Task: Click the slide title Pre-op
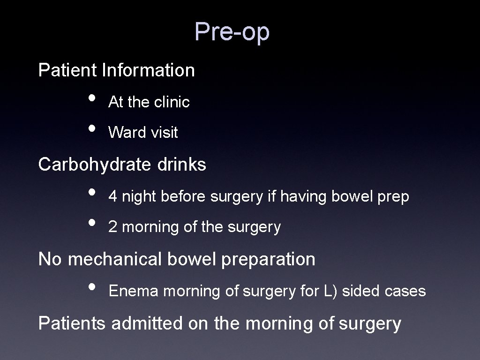(x=232, y=32)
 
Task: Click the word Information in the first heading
(x=148, y=70)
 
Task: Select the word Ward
(x=121, y=133)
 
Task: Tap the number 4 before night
(x=112, y=196)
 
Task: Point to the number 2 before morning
(x=112, y=227)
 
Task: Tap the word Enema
(x=133, y=291)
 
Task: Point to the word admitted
(x=146, y=323)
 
